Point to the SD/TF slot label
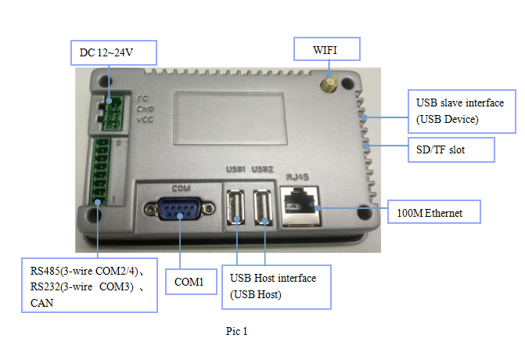452,149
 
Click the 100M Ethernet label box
433,211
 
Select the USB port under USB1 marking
237,209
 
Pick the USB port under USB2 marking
264,209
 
